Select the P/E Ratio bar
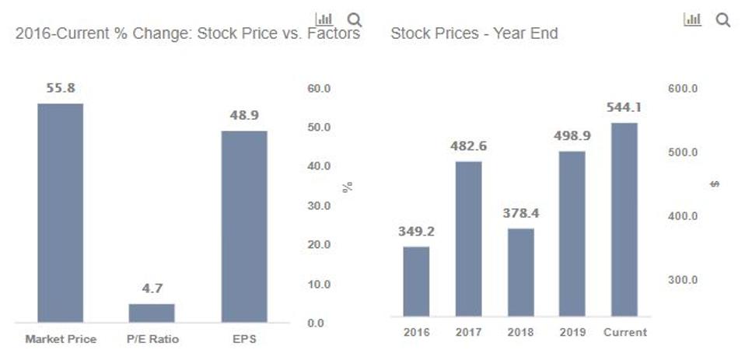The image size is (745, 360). click(152, 313)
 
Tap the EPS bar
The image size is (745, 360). click(243, 226)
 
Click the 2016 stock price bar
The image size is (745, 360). click(416, 284)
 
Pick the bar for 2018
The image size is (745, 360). click(521, 274)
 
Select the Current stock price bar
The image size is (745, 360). click(624, 222)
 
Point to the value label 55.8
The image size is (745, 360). click(61, 89)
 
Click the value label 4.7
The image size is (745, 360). click(152, 288)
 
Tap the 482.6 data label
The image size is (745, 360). click(468, 146)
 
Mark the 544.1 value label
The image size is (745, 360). click(624, 108)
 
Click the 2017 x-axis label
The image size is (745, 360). click(468, 332)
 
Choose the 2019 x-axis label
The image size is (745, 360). click(572, 332)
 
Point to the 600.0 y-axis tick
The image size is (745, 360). click(682, 89)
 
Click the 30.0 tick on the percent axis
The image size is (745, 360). click(320, 206)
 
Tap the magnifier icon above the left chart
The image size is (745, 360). click(355, 19)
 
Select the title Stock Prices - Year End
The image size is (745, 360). click(474, 34)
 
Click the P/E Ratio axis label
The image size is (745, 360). click(152, 339)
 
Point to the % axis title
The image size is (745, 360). click(348, 187)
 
